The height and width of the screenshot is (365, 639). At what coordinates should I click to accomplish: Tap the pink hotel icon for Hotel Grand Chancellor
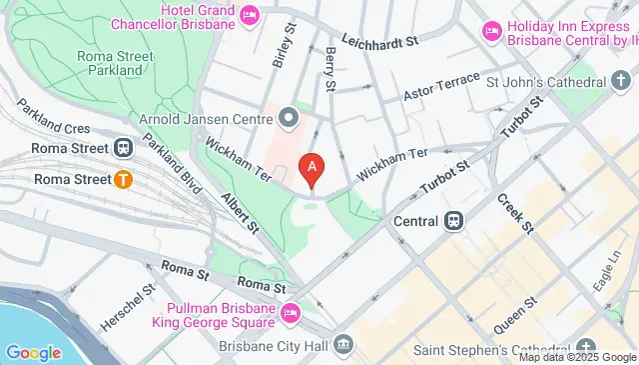[250, 15]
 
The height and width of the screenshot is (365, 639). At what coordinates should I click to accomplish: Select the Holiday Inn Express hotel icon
[491, 33]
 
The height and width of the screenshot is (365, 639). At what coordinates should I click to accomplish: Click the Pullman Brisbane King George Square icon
[290, 314]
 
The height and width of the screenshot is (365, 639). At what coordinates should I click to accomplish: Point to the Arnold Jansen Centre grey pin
[290, 118]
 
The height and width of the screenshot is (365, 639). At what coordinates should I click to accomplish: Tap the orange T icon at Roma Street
[123, 180]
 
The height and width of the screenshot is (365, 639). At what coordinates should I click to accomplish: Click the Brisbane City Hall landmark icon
[343, 345]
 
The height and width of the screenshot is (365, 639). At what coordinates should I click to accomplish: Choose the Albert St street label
[241, 212]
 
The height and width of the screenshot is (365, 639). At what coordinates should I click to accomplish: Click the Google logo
[33, 352]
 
